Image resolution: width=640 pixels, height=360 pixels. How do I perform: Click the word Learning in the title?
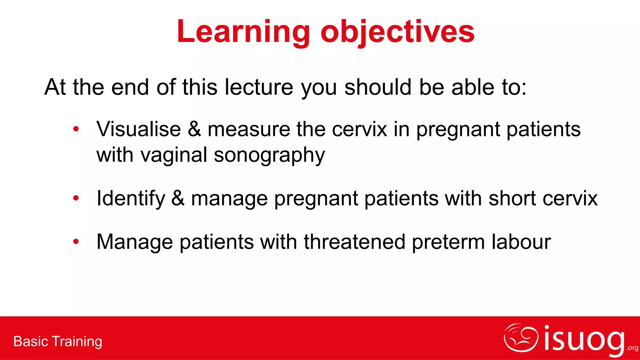[243, 32]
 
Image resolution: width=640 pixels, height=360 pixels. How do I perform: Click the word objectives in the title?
[397, 32]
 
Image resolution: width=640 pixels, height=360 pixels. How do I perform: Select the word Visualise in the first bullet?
[138, 129]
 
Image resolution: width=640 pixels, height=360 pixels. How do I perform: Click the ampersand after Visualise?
[194, 129]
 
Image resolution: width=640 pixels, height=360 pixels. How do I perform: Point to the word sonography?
[269, 155]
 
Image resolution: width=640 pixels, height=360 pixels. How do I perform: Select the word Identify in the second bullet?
[131, 198]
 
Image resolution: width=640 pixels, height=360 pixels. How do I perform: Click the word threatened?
[354, 242]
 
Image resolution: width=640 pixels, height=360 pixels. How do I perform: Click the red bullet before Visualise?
[76, 129]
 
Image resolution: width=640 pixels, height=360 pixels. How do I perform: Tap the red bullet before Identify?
[76, 198]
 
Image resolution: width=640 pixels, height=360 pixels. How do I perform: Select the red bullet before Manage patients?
[76, 241]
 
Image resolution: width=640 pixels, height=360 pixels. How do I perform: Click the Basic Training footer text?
[58, 341]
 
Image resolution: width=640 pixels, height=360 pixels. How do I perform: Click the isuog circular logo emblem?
[521, 338]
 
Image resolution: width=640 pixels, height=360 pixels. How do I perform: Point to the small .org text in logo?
[632, 348]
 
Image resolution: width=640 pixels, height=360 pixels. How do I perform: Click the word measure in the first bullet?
[249, 129]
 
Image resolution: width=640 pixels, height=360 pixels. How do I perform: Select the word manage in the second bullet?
[229, 199]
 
